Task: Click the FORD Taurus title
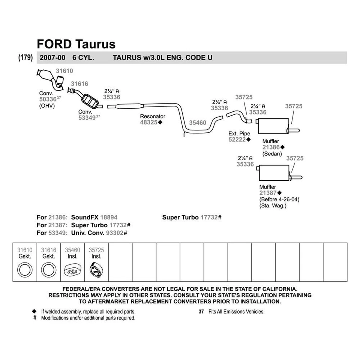(x=76, y=44)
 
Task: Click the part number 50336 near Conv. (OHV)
(x=48, y=99)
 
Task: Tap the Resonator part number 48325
(x=149, y=122)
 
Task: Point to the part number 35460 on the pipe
(x=198, y=123)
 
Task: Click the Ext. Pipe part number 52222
(x=237, y=139)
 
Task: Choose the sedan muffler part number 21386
(x=271, y=147)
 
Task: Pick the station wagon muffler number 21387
(x=267, y=193)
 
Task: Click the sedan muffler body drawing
(x=273, y=126)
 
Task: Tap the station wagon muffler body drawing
(x=274, y=172)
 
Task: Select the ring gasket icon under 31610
(x=25, y=270)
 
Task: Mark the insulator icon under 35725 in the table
(x=96, y=270)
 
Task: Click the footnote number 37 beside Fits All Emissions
(x=201, y=312)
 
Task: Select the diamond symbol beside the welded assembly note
(x=34, y=311)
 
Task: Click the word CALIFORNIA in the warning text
(x=273, y=289)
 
